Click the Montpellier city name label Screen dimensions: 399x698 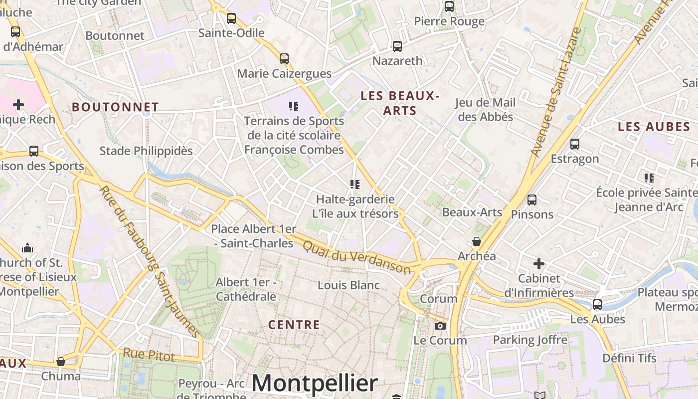coord(315,383)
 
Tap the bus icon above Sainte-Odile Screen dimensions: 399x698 coord(231,18)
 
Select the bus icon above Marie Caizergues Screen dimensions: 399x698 coord(284,59)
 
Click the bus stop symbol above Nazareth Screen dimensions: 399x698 coord(397,46)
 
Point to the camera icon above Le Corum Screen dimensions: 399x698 coord(440,326)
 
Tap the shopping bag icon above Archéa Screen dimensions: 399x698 coord(477,241)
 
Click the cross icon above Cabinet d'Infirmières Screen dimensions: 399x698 coord(539,263)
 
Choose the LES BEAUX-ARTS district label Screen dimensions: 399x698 coord(400,103)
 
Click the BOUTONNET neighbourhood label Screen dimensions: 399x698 coord(115,107)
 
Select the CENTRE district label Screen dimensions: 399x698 coord(294,325)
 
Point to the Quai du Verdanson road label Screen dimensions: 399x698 coord(357,257)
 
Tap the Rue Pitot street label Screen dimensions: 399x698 coord(149,355)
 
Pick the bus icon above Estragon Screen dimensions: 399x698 coord(575,144)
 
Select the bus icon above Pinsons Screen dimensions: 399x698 coord(532,200)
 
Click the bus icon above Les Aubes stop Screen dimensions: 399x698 coord(597,304)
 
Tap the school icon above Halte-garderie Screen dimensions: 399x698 coord(355,185)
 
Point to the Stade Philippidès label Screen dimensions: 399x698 coord(146,151)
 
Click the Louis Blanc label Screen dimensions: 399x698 coord(349,285)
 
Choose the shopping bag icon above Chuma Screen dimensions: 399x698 coord(61,361)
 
